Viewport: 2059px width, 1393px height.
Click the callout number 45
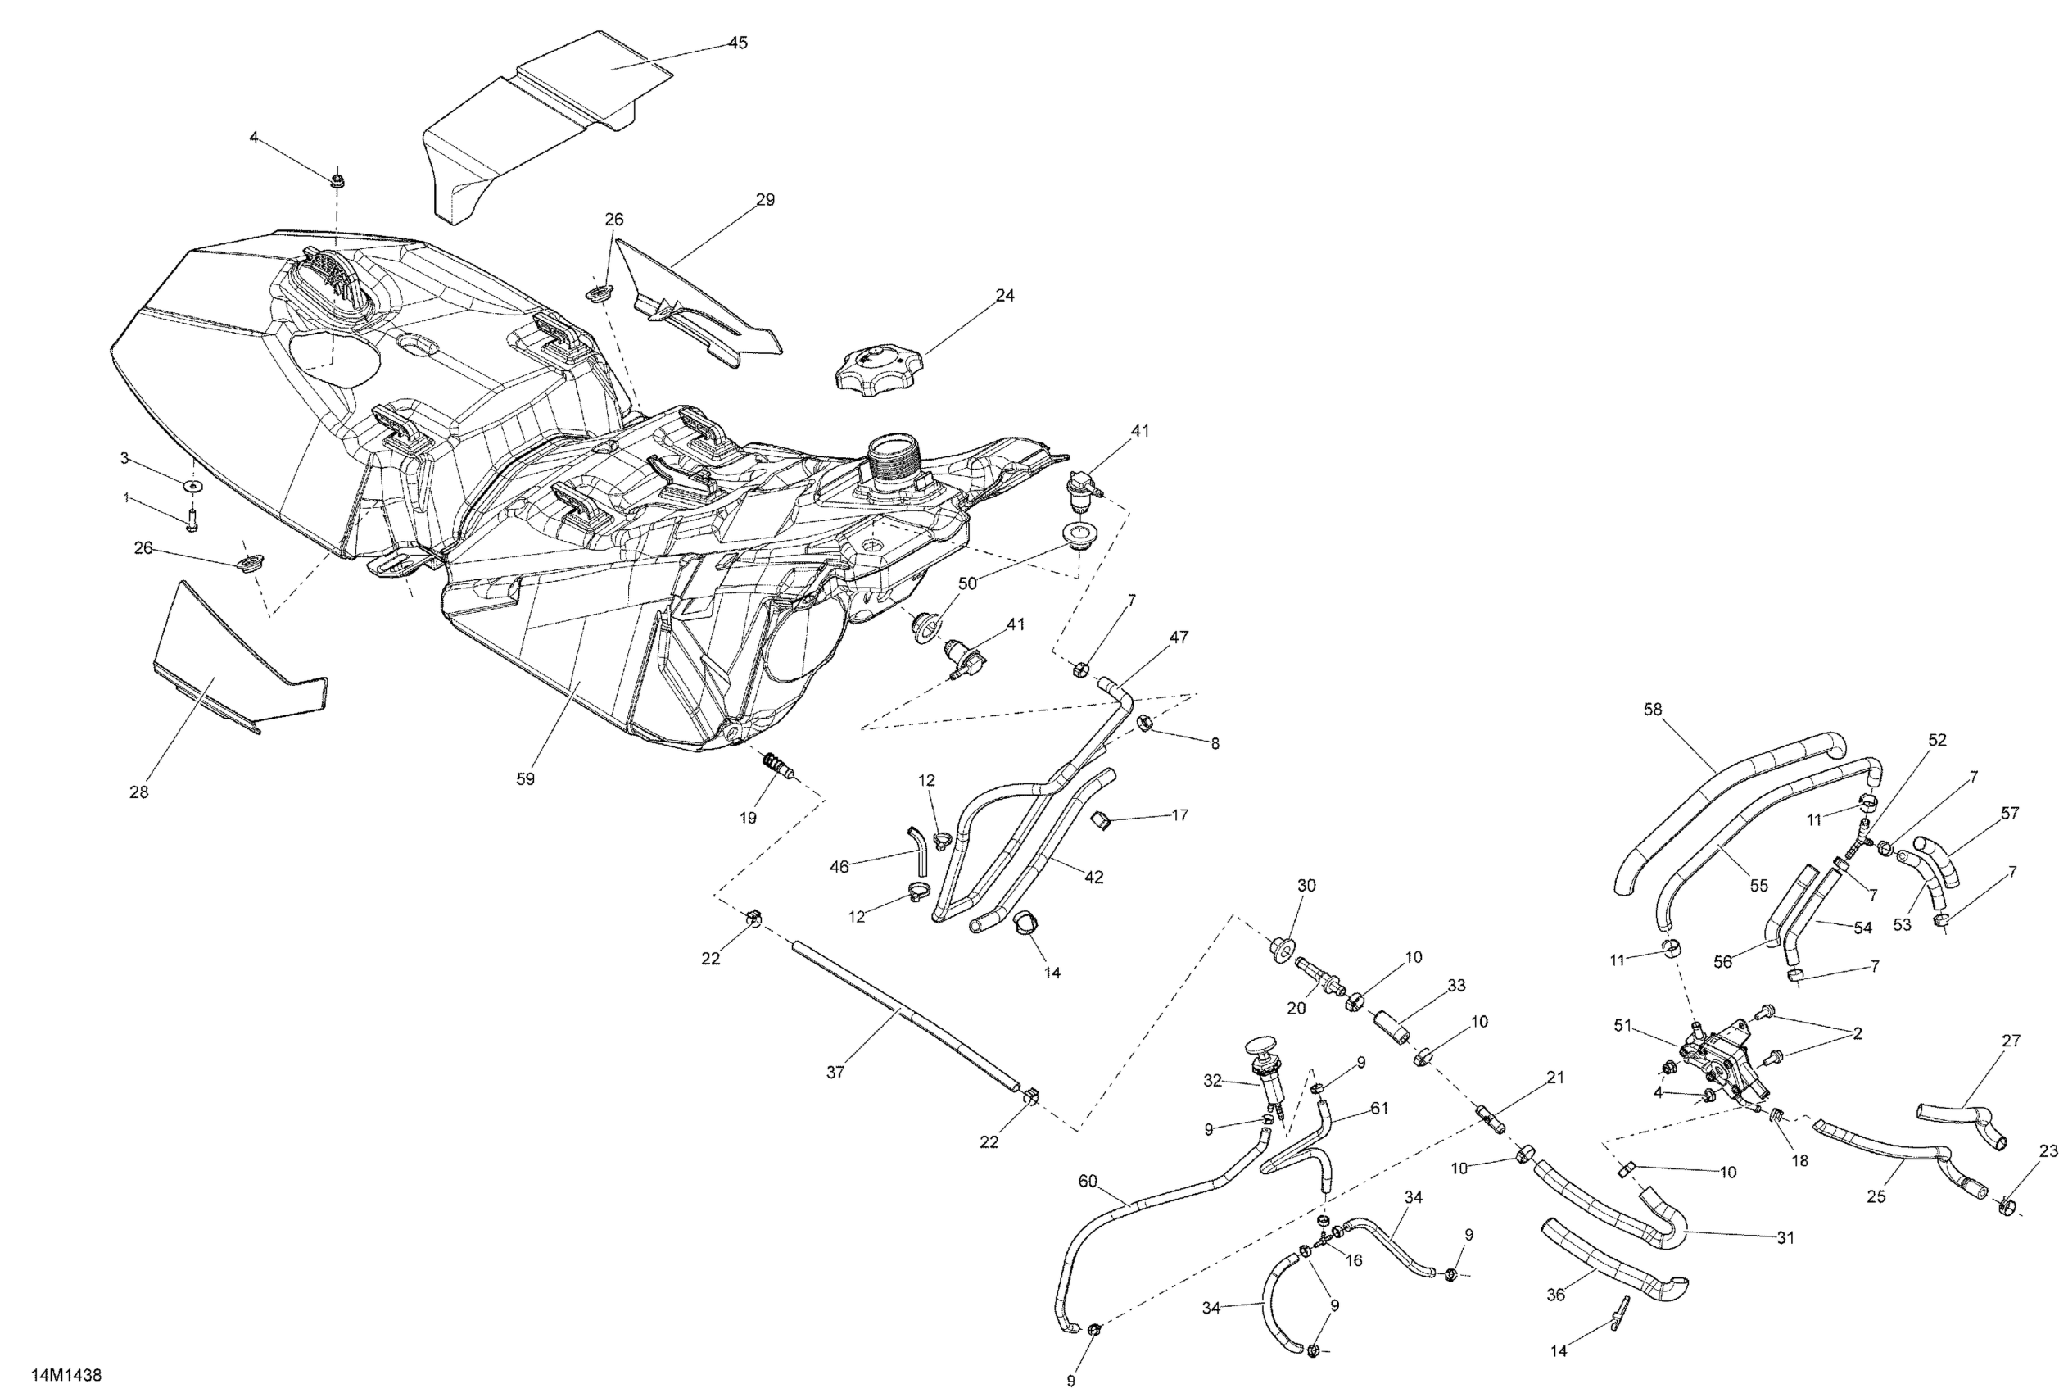tap(737, 43)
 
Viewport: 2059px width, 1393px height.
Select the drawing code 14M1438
tap(66, 1375)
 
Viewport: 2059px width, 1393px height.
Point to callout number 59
tap(525, 779)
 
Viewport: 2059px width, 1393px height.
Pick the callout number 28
tap(139, 792)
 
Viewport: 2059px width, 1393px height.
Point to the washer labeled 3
tap(192, 487)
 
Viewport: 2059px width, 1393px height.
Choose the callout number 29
tap(766, 199)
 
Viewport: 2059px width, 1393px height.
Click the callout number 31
tap(1785, 1238)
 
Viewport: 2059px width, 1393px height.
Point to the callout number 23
tap(2048, 1151)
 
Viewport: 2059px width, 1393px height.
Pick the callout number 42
tap(1094, 877)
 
